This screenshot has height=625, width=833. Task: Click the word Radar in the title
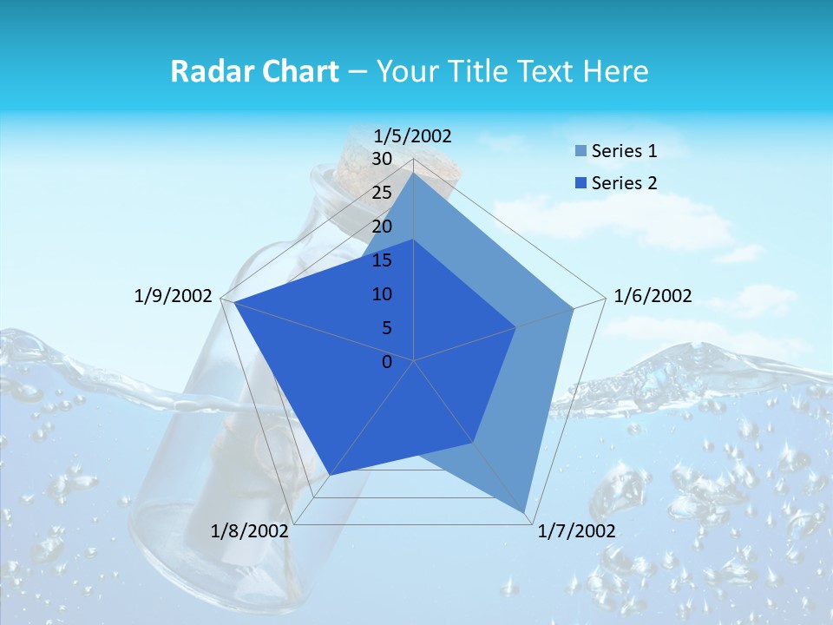[207, 71]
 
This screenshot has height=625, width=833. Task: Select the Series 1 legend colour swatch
[580, 152]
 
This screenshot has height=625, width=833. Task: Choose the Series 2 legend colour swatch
[580, 183]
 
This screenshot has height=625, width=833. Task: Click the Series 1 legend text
[624, 151]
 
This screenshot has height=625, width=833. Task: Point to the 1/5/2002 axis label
[413, 135]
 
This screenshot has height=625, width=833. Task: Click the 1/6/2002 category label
[653, 296]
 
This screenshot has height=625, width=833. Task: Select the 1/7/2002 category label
[577, 531]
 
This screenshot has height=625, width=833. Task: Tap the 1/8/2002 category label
[250, 531]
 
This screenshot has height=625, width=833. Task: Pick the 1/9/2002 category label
[174, 296]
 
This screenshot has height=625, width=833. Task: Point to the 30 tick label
[382, 159]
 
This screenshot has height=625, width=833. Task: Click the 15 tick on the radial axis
[382, 260]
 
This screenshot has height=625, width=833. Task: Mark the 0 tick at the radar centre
[387, 362]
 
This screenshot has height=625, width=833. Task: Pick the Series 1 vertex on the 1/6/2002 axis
[574, 308]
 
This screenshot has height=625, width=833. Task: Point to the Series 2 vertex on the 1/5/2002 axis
[414, 240]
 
